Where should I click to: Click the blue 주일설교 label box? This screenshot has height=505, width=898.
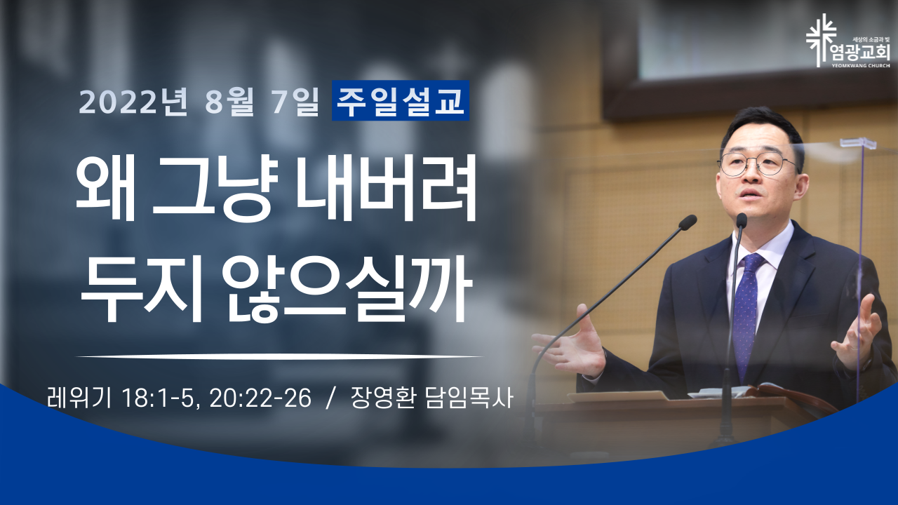tap(401, 100)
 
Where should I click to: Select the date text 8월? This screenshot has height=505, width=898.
tap(229, 102)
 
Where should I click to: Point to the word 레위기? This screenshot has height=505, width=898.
tap(78, 398)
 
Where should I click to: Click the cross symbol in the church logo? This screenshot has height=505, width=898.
tap(822, 40)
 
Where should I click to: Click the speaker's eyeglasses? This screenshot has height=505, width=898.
tap(758, 163)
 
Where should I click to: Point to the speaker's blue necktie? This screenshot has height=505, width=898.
tap(746, 313)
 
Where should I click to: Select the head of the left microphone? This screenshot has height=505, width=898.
tap(688, 222)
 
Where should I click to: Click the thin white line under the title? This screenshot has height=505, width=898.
tap(279, 356)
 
